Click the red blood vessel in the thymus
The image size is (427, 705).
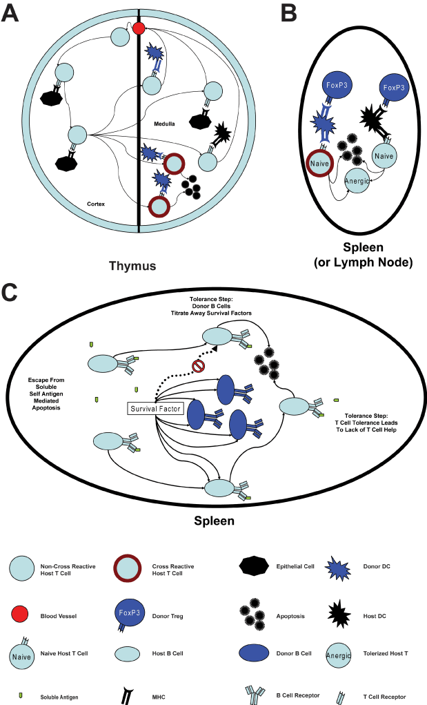coord(138,28)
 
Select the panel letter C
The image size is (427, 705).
coord(11,292)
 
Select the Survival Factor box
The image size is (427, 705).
coord(156,408)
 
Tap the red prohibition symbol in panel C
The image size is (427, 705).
coord(199,366)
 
